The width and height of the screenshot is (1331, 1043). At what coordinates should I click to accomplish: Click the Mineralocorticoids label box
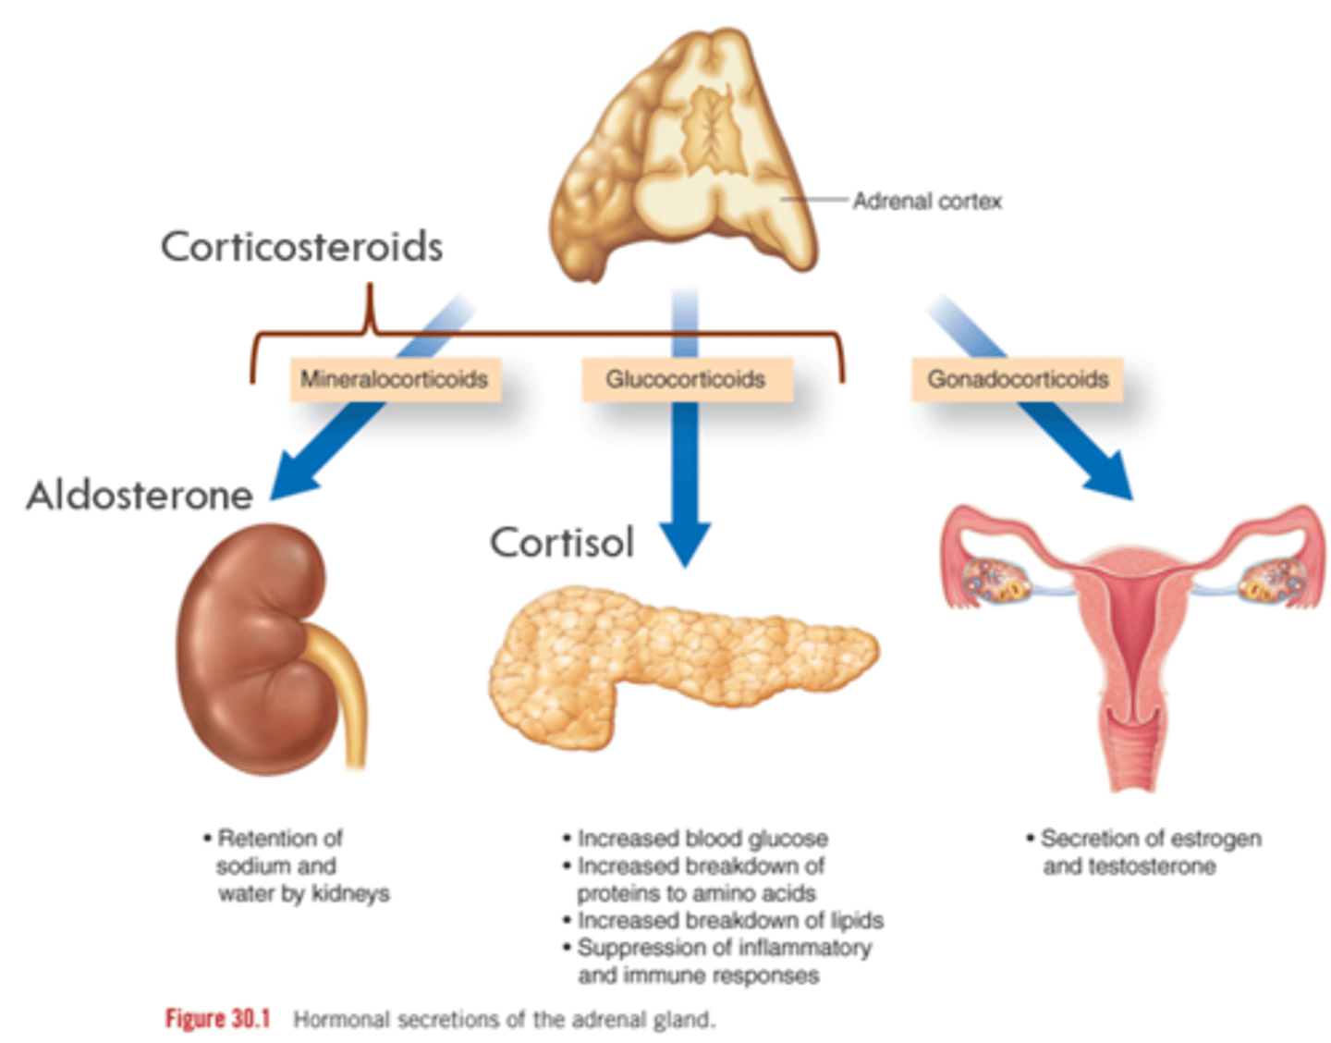(x=395, y=379)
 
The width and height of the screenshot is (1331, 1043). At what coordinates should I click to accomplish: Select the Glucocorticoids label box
(x=686, y=379)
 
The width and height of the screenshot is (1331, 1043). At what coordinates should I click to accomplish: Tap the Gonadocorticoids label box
(x=1018, y=379)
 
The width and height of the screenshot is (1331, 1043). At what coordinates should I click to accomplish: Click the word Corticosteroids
(x=302, y=247)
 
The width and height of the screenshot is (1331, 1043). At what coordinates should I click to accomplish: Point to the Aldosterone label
(x=140, y=496)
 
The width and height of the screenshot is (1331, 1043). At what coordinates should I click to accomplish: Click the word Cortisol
(x=562, y=543)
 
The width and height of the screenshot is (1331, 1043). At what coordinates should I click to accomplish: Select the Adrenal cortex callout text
(x=927, y=201)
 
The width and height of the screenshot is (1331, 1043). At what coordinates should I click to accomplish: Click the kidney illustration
(x=250, y=647)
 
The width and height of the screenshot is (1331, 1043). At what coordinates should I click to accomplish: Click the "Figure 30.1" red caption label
(x=217, y=1019)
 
